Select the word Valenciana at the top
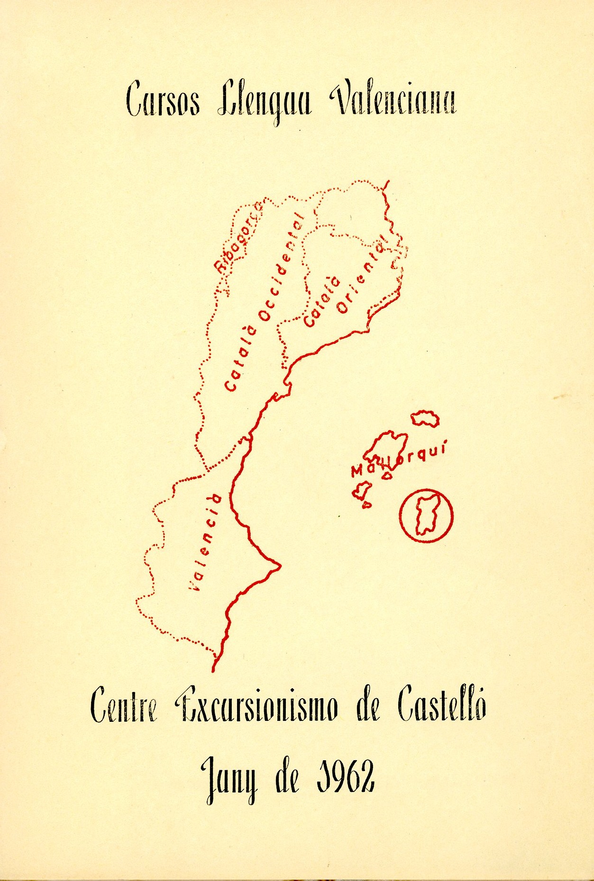click(393, 99)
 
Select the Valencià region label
click(205, 542)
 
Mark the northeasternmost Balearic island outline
click(425, 419)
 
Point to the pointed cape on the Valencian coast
click(279, 565)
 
